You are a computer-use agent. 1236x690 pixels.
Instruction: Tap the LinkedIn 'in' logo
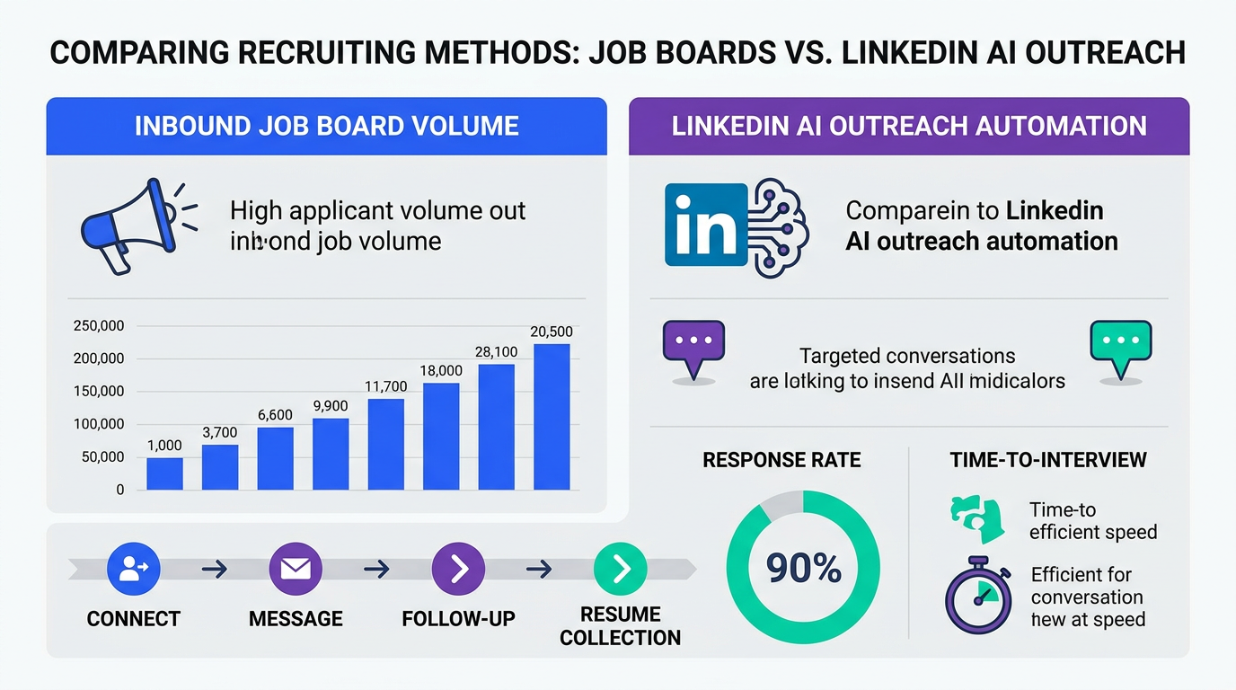[706, 225]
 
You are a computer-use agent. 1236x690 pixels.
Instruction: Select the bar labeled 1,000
[164, 473]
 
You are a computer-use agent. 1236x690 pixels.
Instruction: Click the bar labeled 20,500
[552, 417]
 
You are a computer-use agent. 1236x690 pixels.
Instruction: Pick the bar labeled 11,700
[386, 444]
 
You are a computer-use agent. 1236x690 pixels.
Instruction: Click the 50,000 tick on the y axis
[102, 457]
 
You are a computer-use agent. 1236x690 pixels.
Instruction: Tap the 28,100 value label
[496, 352]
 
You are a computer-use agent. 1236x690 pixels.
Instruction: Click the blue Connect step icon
[133, 568]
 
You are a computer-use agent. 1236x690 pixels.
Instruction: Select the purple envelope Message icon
[296, 568]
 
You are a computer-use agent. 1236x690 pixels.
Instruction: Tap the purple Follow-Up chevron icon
[458, 568]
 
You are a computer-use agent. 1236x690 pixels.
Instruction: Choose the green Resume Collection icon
[621, 568]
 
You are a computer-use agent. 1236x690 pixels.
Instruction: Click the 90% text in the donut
[803, 568]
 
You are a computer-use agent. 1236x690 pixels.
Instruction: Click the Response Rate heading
[781, 460]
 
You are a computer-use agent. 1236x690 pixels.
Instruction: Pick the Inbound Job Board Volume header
[327, 126]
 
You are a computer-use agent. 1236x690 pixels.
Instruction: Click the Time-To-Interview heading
[1048, 460]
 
